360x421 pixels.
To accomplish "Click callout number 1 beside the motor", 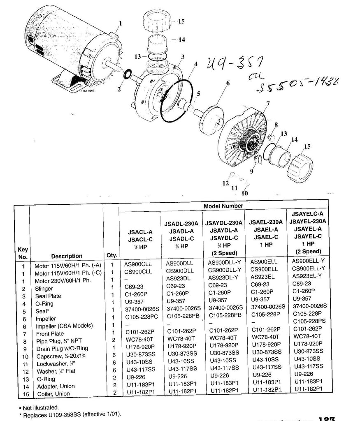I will (121, 23).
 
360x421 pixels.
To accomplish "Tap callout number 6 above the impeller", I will (227, 83).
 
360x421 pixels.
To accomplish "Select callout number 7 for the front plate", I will (268, 103).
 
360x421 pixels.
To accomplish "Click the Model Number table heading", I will (223, 206).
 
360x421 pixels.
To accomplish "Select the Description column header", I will (67, 256).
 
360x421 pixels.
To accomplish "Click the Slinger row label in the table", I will (44, 288).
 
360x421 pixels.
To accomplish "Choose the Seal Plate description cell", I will (48, 296).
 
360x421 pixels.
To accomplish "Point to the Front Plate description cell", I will (50, 333).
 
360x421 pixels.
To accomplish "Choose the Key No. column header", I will (23, 253).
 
